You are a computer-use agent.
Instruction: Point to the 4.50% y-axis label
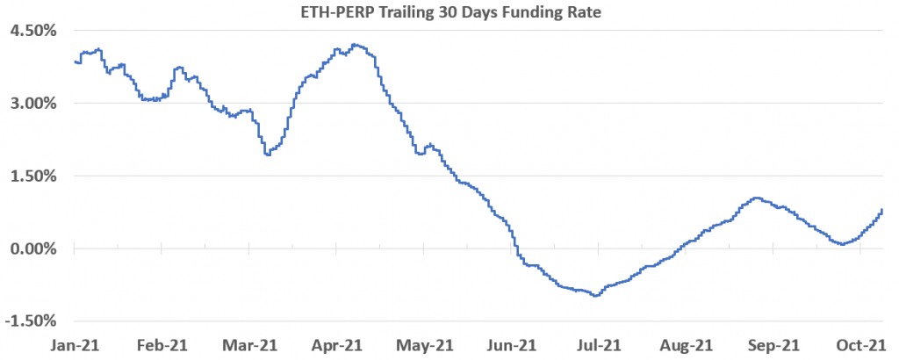(x=32, y=30)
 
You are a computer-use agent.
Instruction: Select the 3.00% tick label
(x=32, y=103)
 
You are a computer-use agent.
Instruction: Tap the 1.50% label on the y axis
(x=32, y=176)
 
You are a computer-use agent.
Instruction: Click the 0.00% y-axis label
(x=32, y=248)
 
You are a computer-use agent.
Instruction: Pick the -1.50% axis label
(x=31, y=321)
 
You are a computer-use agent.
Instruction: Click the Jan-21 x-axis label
(x=75, y=346)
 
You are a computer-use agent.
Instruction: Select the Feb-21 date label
(x=162, y=346)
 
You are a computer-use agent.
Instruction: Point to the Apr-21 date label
(x=336, y=346)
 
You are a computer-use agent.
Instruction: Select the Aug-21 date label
(x=686, y=346)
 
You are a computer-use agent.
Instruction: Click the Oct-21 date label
(x=859, y=346)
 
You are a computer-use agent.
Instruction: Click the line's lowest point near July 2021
(x=596, y=296)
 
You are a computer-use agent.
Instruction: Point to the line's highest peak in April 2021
(x=354, y=44)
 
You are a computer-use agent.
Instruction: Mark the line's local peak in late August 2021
(x=756, y=198)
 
